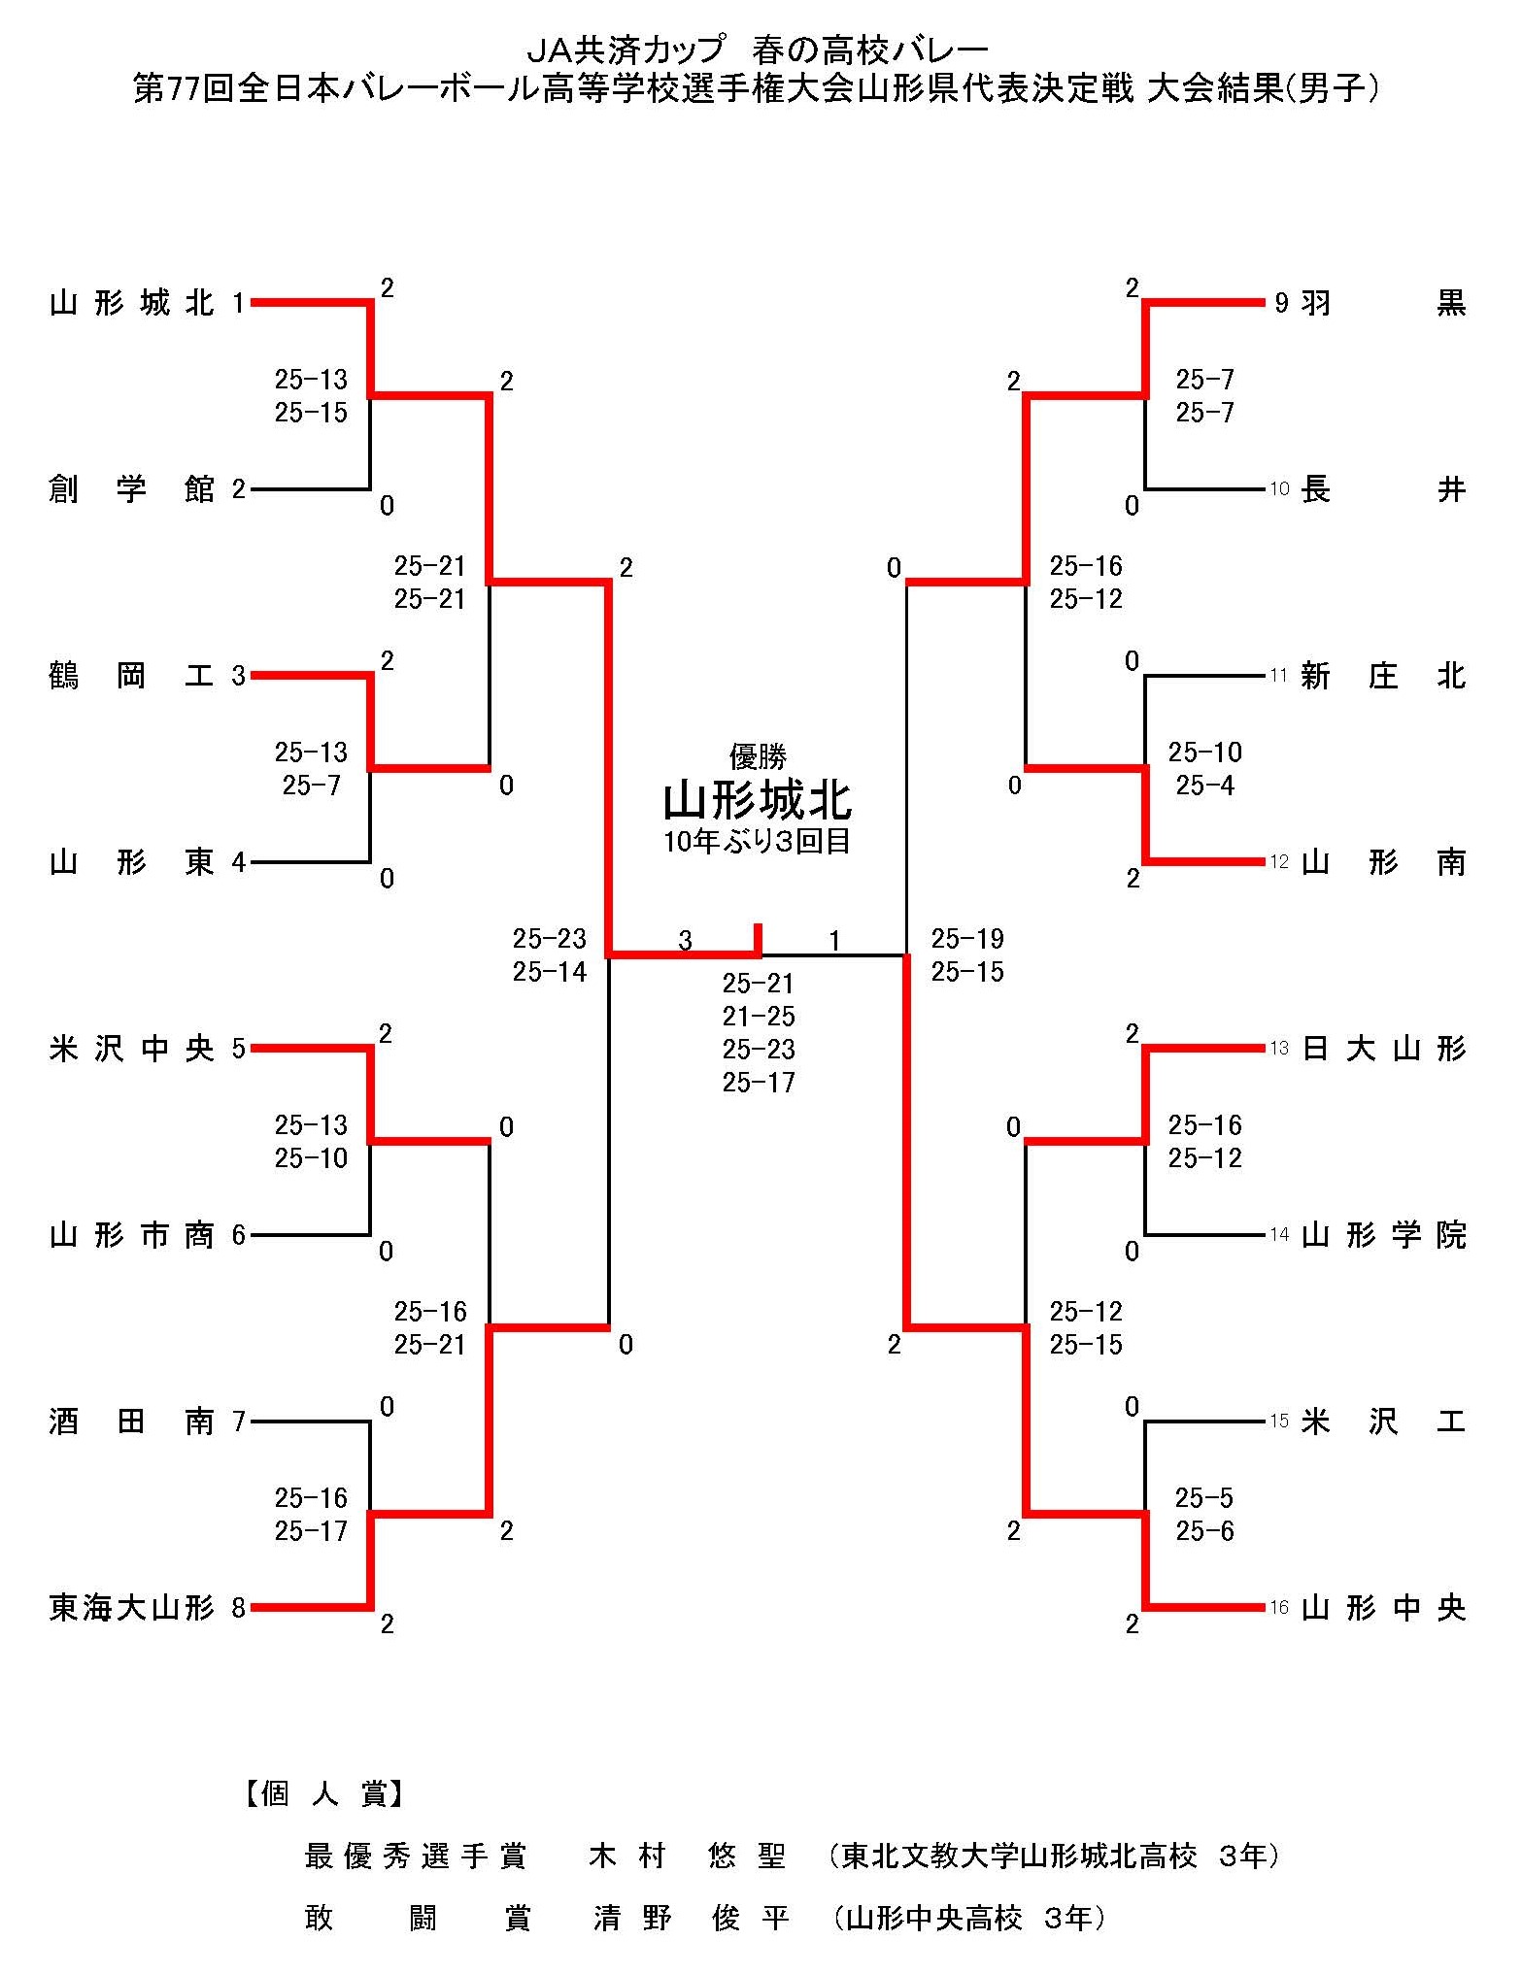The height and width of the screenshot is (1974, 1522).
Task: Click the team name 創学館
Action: tap(131, 489)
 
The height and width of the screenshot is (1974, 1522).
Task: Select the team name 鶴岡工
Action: tap(131, 676)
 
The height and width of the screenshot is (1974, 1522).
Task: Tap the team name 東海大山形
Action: tap(131, 1609)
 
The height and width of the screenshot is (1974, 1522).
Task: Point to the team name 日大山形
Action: tap(1383, 1049)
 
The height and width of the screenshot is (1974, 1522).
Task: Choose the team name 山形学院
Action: tap(1383, 1235)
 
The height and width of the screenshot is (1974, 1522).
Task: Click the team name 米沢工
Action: tap(1383, 1422)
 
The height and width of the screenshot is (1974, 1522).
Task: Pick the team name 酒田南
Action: tap(131, 1422)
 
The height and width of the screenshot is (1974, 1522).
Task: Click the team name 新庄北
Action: tap(1383, 676)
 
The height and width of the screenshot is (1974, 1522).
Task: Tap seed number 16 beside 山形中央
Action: tap(1279, 1609)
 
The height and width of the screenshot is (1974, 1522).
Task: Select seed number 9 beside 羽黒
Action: tap(1281, 304)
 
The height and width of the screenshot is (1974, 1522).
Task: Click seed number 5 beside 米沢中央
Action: tap(239, 1049)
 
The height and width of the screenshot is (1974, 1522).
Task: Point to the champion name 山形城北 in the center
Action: tap(758, 802)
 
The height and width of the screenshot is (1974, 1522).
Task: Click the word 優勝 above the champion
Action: tap(758, 755)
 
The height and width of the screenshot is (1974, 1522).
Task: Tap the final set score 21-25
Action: tap(759, 1017)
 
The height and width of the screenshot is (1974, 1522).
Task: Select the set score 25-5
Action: tap(1204, 1498)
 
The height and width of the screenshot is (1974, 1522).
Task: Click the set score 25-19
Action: tap(967, 939)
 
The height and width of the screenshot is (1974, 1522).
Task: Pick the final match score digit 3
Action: tap(686, 940)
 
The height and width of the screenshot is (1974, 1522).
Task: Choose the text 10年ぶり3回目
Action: tap(758, 841)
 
